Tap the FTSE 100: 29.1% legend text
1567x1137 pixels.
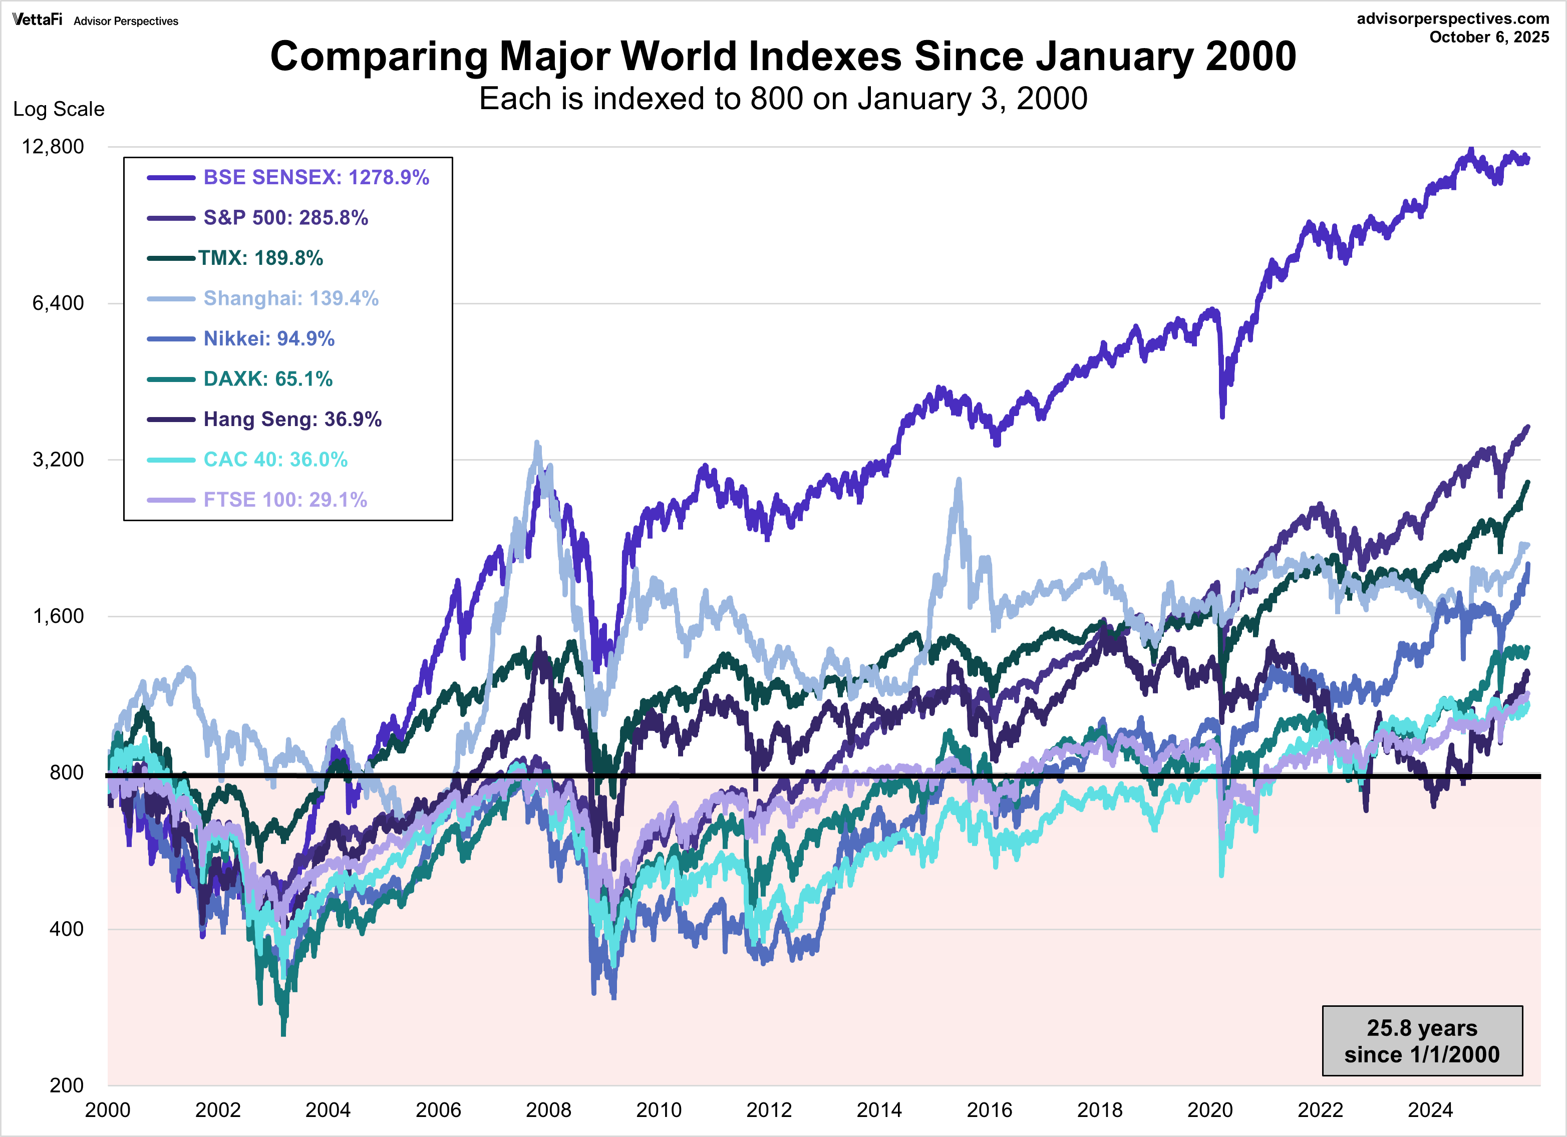(x=284, y=500)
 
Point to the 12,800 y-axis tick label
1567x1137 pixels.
(x=53, y=146)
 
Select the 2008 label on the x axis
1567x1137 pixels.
(x=548, y=1110)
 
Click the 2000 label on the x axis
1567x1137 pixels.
(x=107, y=1110)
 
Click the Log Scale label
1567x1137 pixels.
(x=59, y=109)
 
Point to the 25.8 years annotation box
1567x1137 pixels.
(x=1422, y=1041)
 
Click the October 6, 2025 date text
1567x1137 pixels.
(x=1489, y=38)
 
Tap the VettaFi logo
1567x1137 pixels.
(x=37, y=20)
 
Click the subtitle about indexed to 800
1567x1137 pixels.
(x=783, y=99)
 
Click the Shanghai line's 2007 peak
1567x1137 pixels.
(x=537, y=444)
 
